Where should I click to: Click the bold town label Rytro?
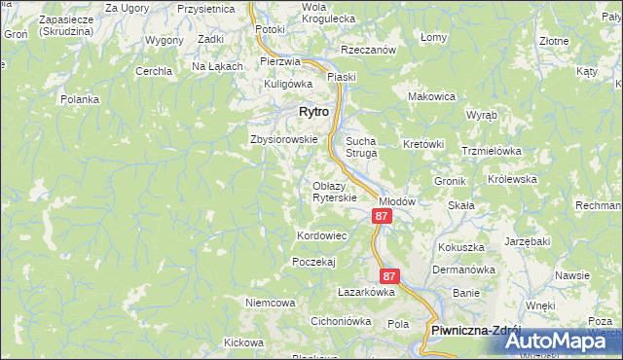(x=311, y=112)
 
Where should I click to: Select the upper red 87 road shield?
(x=383, y=216)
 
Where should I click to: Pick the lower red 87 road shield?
(x=389, y=276)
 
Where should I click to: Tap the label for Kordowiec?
(x=321, y=236)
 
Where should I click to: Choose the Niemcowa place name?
(x=271, y=303)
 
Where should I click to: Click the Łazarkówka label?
(x=365, y=291)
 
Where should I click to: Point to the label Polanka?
(x=80, y=99)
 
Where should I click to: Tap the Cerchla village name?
(x=154, y=71)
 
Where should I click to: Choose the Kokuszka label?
(x=461, y=248)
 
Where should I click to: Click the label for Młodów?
(x=397, y=201)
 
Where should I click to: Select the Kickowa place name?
(x=243, y=342)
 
